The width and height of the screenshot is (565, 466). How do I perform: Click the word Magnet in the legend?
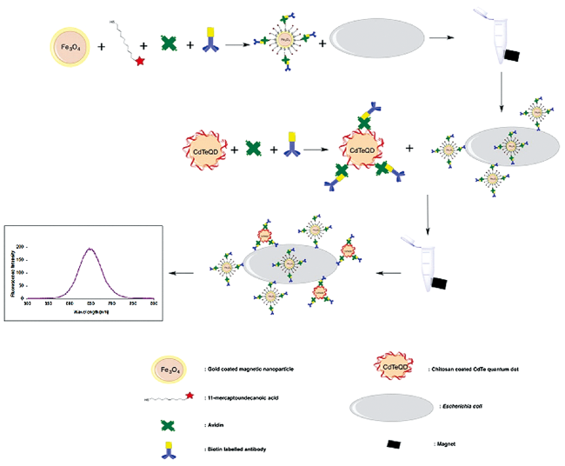click(x=445, y=443)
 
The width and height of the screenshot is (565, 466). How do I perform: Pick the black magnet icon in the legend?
click(x=395, y=444)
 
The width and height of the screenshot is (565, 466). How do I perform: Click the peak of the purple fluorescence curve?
click(x=90, y=249)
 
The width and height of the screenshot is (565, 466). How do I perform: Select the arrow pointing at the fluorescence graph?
click(x=182, y=273)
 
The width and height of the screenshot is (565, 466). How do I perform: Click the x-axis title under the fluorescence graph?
click(x=90, y=310)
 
